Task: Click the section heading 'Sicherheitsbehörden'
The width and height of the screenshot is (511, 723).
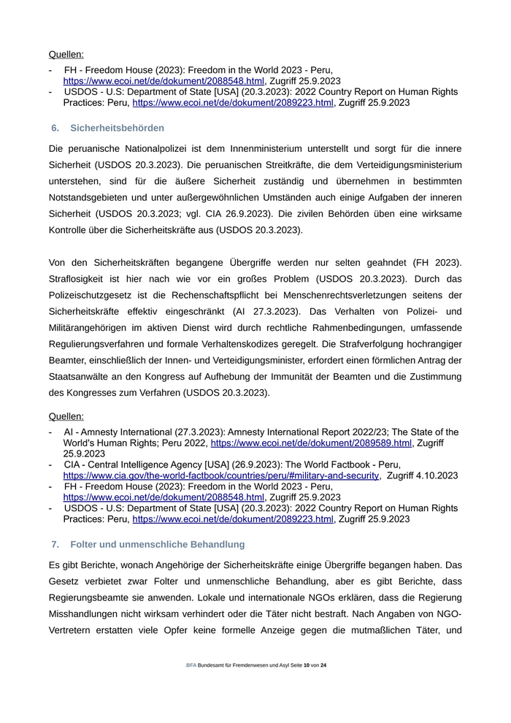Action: (117, 128)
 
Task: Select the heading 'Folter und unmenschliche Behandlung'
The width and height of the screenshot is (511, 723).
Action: (158, 545)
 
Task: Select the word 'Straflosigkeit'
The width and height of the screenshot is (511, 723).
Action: (80, 278)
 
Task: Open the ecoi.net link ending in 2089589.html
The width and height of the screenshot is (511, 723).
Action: (312, 443)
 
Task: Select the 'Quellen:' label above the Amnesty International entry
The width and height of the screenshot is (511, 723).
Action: (66, 416)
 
